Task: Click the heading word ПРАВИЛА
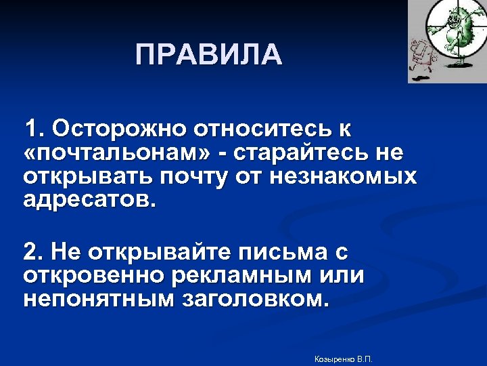[x=208, y=55]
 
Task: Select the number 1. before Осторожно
[x=34, y=129]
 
